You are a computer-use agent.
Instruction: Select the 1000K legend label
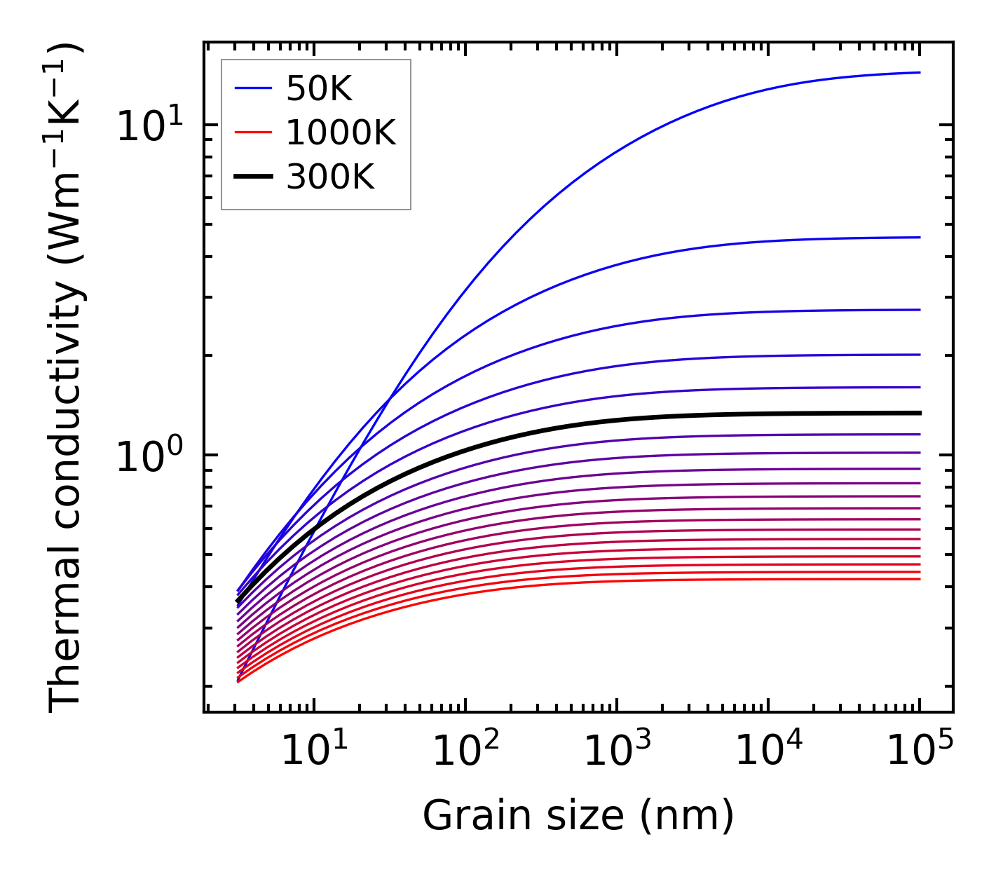click(x=341, y=132)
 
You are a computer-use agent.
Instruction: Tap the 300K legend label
click(x=330, y=177)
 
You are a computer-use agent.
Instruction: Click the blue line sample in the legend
click(x=252, y=88)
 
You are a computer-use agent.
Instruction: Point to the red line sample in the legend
click(x=252, y=132)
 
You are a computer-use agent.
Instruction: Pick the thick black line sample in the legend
click(x=252, y=177)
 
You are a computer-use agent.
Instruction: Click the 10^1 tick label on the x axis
click(x=314, y=751)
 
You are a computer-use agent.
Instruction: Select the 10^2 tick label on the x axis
click(x=465, y=751)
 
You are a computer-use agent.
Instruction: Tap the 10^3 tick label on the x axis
click(x=617, y=751)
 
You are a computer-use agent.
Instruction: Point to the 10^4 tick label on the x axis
click(x=768, y=751)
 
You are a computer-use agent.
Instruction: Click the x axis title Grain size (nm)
click(x=578, y=815)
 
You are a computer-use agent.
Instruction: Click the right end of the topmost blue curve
click(x=919, y=72)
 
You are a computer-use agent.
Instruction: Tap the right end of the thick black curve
click(x=919, y=413)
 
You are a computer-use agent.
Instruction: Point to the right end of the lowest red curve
click(x=919, y=578)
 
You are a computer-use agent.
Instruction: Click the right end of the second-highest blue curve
click(x=919, y=237)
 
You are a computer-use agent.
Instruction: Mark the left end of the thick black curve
click(x=238, y=601)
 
